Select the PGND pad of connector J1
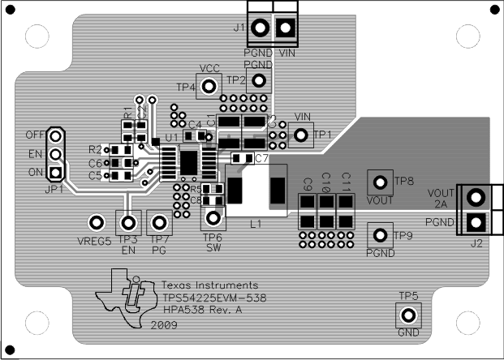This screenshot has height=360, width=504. coord(260,28)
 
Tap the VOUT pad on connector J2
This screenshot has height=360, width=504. coord(476,195)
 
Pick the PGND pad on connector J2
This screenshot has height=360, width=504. coord(476,221)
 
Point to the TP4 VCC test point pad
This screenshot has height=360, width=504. coord(209,85)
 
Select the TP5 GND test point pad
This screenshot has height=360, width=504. coord(407,315)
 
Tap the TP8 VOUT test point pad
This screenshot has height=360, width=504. coord(379,181)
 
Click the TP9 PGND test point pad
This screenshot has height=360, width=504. coord(379,235)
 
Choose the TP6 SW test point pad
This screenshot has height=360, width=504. coord(213,217)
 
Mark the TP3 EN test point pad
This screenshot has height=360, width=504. coord(127,223)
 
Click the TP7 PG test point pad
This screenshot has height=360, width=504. coord(160,223)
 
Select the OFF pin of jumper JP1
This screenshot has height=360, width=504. coord(55,135)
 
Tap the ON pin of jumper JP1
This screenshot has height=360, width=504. coord(55,172)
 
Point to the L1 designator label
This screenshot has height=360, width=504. coord(256,223)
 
